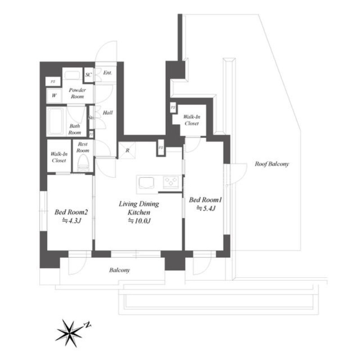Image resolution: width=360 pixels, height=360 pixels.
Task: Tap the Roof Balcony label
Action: tap(271, 164)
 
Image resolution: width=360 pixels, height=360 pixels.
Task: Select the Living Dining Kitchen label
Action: tap(139, 208)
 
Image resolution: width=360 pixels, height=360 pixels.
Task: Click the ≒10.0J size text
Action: tap(139, 220)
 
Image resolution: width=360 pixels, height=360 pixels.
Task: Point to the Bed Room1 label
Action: tap(206, 199)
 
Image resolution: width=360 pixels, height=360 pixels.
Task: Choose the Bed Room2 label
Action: tap(71, 211)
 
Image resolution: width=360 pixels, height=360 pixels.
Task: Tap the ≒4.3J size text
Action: tap(71, 220)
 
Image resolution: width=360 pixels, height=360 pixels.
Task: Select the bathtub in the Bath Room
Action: tap(56, 121)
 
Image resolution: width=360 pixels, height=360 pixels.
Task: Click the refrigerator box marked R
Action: tap(126, 150)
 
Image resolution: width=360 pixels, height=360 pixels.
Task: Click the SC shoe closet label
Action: tap(89, 74)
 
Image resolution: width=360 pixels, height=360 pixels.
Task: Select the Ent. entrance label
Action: tap(107, 73)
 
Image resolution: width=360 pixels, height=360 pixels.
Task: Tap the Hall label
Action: tap(108, 113)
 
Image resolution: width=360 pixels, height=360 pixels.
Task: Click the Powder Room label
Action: tap(77, 93)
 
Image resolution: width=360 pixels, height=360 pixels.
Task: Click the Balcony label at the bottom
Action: tap(119, 270)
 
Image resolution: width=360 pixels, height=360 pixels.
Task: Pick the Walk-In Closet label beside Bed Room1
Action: tap(192, 119)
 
